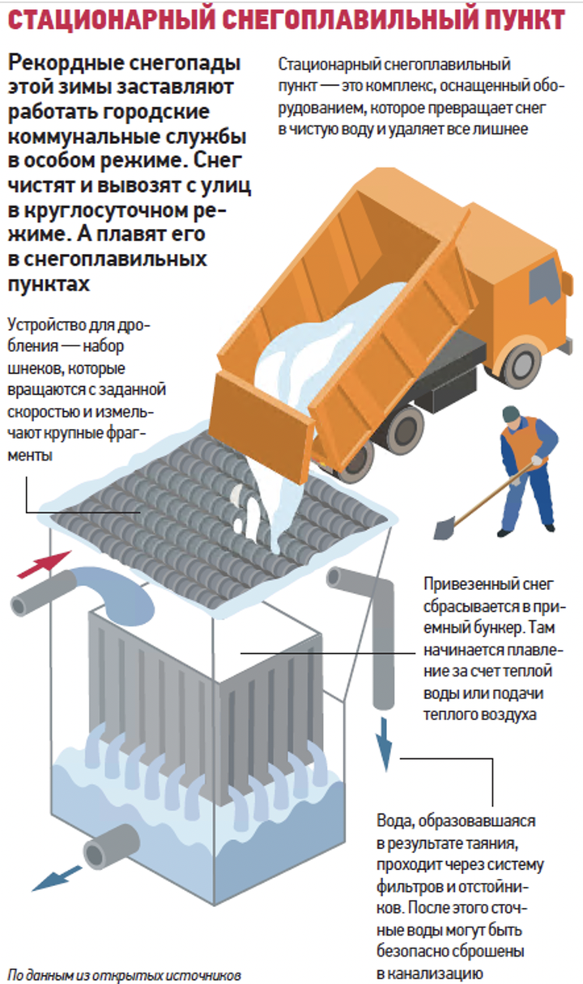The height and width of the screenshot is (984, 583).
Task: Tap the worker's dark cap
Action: [x=509, y=414]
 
